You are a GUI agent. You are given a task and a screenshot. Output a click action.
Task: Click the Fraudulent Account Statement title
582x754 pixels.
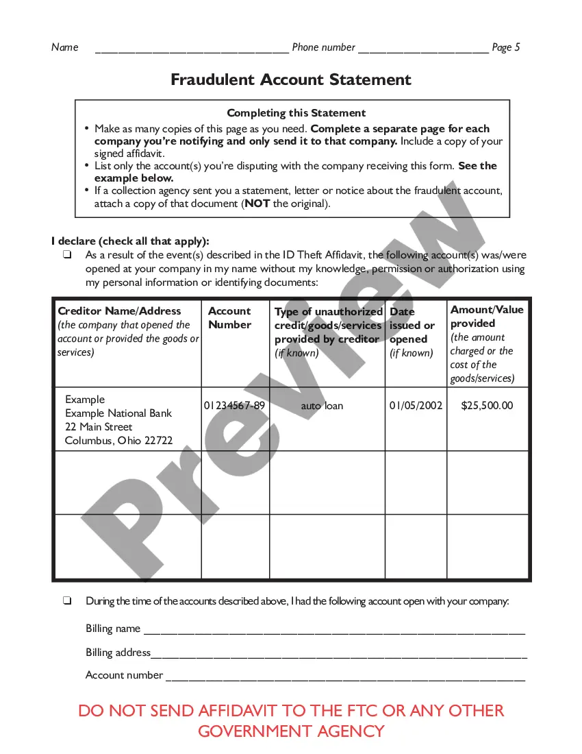291,80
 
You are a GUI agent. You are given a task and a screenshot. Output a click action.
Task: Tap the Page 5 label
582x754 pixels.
506,47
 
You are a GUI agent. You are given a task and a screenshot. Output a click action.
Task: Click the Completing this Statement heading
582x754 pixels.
296,113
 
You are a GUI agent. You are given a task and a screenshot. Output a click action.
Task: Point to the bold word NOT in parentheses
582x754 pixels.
257,204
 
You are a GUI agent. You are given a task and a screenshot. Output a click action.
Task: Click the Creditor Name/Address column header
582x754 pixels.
119,311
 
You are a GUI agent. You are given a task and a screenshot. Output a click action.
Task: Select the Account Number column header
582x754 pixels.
229,318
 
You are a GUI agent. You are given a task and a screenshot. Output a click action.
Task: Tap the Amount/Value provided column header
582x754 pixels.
487,317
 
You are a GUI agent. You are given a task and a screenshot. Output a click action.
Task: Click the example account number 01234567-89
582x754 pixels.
234,406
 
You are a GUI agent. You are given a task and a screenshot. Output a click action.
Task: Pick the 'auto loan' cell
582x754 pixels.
322,406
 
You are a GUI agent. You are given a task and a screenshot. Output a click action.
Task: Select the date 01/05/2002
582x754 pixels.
416,406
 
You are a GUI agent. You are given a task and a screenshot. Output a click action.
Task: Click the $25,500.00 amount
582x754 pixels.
487,406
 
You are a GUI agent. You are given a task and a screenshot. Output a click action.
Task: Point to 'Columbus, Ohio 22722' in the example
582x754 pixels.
118,441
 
